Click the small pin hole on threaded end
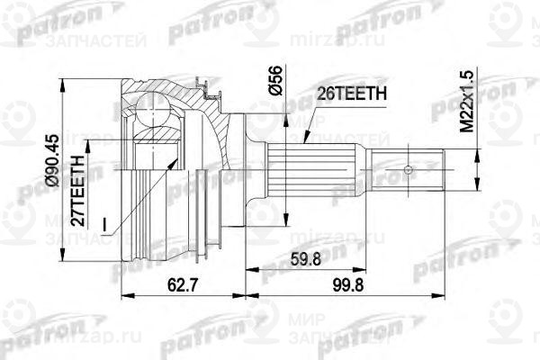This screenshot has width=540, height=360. tap(409, 168)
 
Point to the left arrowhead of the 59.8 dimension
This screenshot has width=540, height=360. tap(247, 270)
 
